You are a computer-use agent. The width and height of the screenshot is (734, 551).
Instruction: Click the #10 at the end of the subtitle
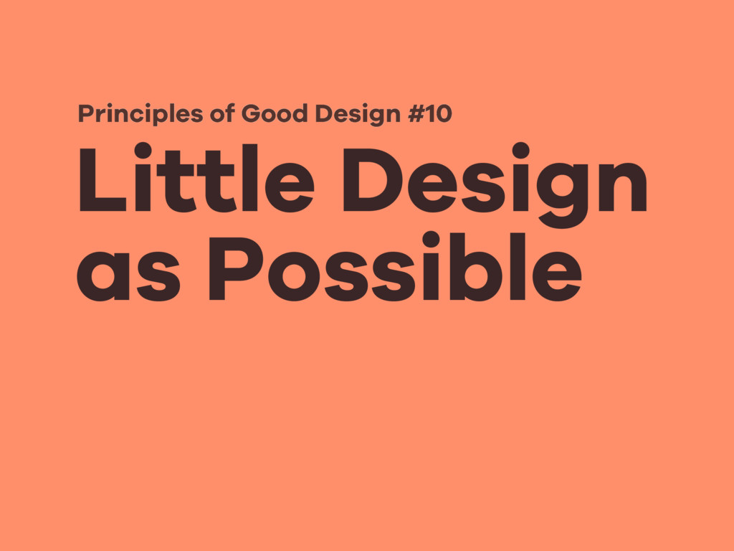pyautogui.click(x=430, y=113)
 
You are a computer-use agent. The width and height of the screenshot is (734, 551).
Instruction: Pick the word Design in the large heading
pyautogui.click(x=495, y=183)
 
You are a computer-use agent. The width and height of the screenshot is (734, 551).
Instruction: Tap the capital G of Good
pyautogui.click(x=251, y=113)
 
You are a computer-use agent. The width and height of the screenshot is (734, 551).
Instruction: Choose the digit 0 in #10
pyautogui.click(x=444, y=113)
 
